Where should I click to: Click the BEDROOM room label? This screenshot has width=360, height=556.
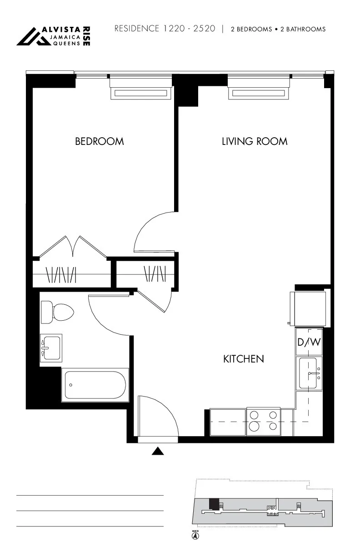click(x=99, y=141)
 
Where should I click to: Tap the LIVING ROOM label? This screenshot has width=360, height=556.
click(x=255, y=141)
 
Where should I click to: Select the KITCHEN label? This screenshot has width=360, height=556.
click(x=244, y=359)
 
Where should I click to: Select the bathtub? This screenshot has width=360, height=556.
click(x=95, y=385)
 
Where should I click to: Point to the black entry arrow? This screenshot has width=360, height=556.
click(x=157, y=451)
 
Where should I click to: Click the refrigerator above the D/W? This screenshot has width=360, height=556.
click(x=309, y=309)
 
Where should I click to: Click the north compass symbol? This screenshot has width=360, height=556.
click(x=195, y=536)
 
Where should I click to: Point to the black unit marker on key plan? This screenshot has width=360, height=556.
click(x=213, y=504)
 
